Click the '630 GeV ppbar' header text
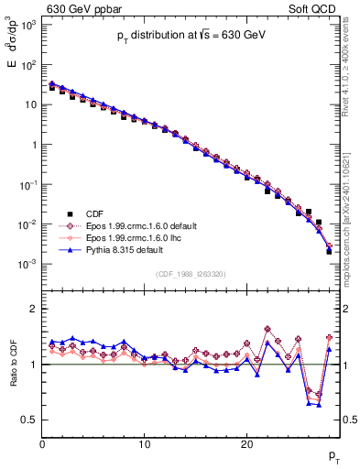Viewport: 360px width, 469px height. (x=81, y=8)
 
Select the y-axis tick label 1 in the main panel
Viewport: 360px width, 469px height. (x=33, y=145)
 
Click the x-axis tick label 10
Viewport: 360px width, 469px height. (x=144, y=444)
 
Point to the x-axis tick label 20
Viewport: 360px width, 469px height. (x=246, y=444)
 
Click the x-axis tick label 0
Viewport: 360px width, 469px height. (x=42, y=444)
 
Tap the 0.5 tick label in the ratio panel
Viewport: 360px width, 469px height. (x=29, y=420)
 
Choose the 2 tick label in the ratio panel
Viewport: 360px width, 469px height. (x=33, y=309)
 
